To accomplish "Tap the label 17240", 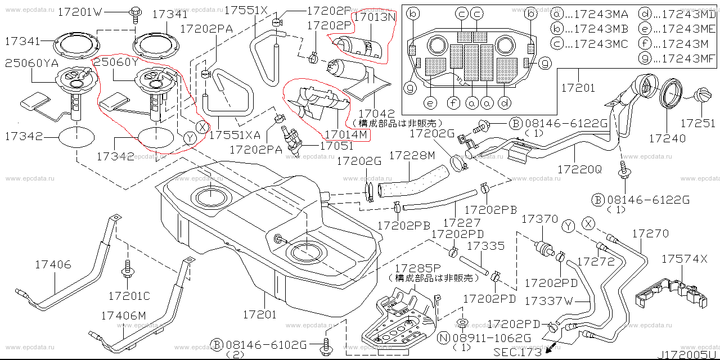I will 667,138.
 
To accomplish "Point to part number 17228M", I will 412,155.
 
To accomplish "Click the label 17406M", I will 124,316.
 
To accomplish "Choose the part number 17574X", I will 684,259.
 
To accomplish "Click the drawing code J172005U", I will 690,354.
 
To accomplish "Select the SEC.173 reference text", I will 517,353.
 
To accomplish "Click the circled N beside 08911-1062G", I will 444,337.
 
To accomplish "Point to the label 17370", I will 540,219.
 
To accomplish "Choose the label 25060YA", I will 32,63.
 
